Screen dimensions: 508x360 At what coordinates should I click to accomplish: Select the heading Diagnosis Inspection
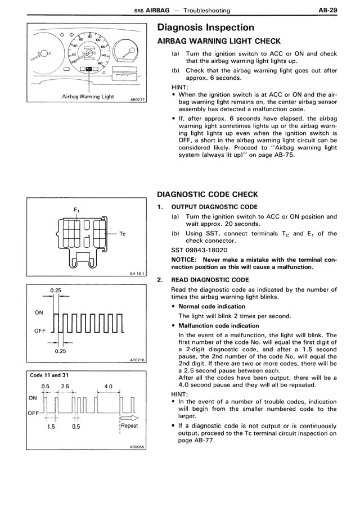point(205,28)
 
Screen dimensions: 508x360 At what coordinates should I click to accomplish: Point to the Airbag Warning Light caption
point(88,97)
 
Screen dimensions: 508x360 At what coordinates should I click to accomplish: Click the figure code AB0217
point(137,100)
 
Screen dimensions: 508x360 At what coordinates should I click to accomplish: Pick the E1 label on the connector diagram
point(77,210)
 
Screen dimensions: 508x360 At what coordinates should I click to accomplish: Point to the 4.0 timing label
point(109,387)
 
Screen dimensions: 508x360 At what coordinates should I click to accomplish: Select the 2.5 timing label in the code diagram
point(65,387)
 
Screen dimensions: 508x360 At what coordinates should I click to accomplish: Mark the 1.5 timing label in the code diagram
point(51,426)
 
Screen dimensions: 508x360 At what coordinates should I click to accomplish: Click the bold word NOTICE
point(184,260)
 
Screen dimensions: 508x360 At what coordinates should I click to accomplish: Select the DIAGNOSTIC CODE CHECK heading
point(207,194)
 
